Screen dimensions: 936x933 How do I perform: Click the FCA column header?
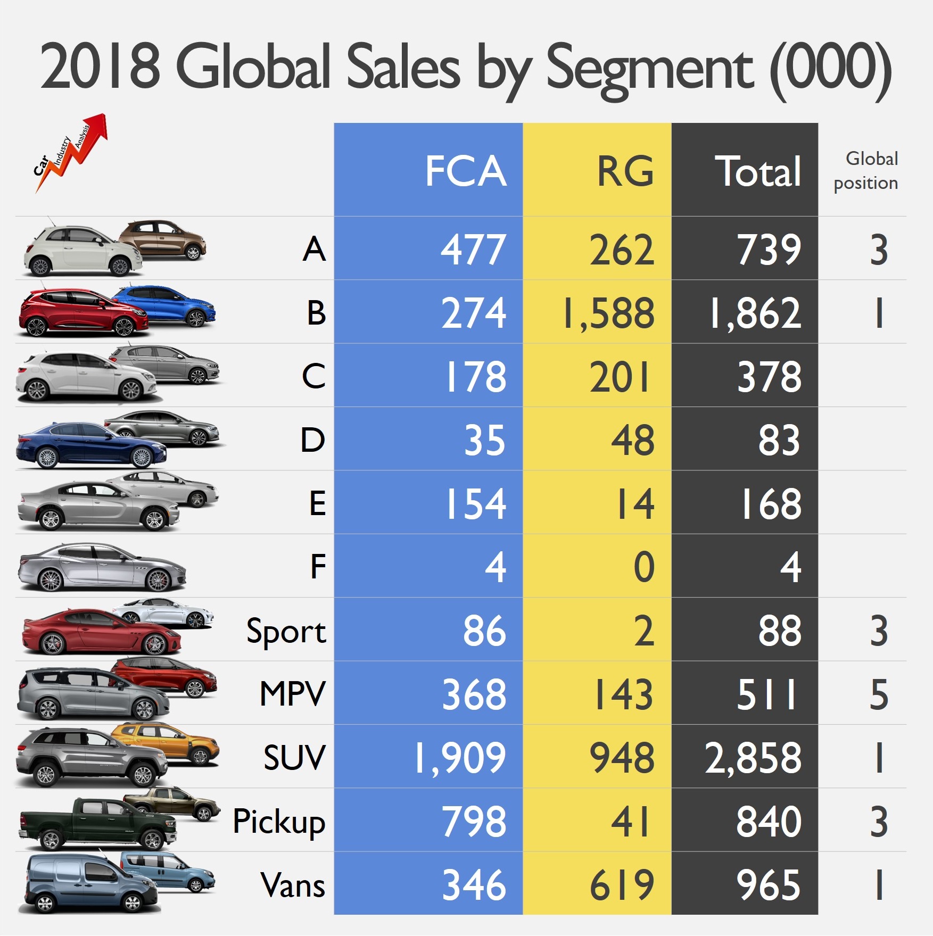pyautogui.click(x=465, y=171)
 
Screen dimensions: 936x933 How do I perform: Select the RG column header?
pyautogui.click(x=625, y=171)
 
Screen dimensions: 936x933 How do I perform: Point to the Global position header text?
pyautogui.click(x=867, y=171)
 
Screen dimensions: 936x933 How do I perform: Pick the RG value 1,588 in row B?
pyautogui.click(x=609, y=313)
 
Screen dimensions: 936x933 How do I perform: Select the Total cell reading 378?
pyautogui.click(x=769, y=377)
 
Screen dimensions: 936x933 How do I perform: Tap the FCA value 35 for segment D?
pyautogui.click(x=484, y=440)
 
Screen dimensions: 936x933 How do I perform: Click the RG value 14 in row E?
pyautogui.click(x=634, y=504)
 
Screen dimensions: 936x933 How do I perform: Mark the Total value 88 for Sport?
pyautogui.click(x=779, y=631)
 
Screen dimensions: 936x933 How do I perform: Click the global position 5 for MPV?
pyautogui.click(x=878, y=694)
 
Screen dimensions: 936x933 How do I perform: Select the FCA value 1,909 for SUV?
pyautogui.click(x=460, y=758)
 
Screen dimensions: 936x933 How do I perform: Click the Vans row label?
pyautogui.click(x=293, y=885)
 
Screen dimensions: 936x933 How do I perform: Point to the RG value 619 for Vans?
pyautogui.click(x=622, y=885)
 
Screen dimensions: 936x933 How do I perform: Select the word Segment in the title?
pyautogui.click(x=649, y=69)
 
